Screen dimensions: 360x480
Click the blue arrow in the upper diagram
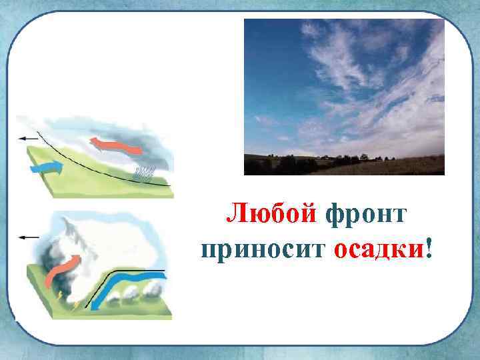tap(47, 168)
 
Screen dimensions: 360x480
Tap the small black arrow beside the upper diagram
tap(29, 138)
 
